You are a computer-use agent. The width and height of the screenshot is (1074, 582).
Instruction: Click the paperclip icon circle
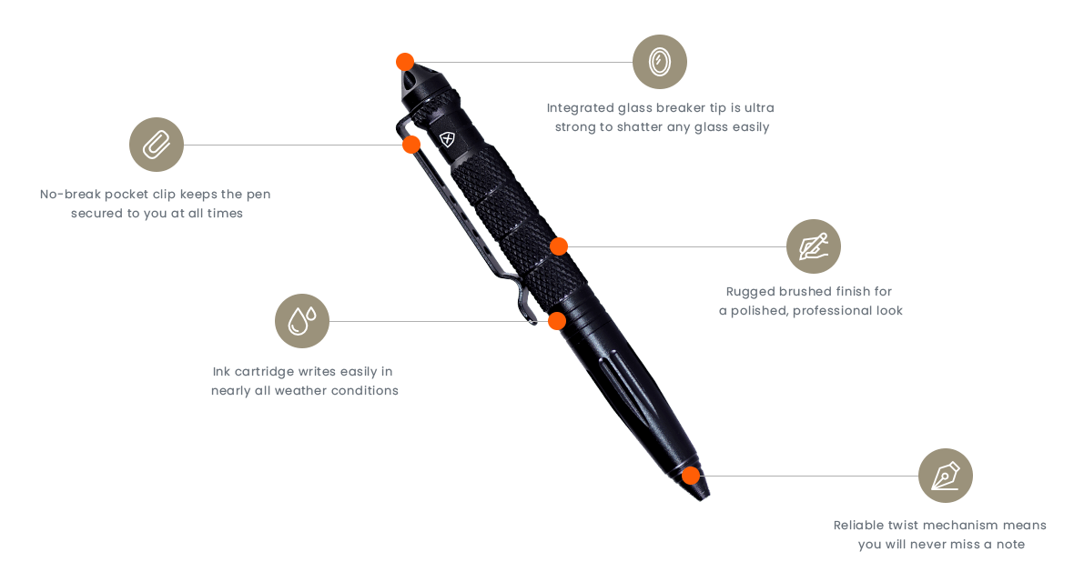[157, 145]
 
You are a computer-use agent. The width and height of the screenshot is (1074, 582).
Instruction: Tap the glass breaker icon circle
[660, 62]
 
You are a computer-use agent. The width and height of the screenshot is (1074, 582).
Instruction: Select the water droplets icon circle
[302, 321]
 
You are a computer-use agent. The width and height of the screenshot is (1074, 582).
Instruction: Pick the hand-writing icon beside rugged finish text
[814, 246]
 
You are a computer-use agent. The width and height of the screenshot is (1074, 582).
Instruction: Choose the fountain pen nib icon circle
[946, 476]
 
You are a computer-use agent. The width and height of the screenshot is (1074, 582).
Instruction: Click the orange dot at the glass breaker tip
[405, 62]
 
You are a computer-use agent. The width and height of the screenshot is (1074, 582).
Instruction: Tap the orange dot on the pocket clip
[411, 145]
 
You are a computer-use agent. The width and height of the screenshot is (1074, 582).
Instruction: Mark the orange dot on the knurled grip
[559, 246]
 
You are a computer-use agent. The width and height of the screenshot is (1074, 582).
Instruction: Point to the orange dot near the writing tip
[691, 476]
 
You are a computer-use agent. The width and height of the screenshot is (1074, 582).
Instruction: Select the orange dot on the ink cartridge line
[557, 320]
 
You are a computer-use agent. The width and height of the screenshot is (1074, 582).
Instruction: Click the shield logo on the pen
[447, 140]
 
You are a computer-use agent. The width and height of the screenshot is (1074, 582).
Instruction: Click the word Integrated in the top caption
[580, 108]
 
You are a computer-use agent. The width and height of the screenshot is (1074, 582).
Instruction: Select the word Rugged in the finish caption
[750, 292]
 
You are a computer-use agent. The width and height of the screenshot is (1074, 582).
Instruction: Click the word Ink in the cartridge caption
[221, 371]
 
